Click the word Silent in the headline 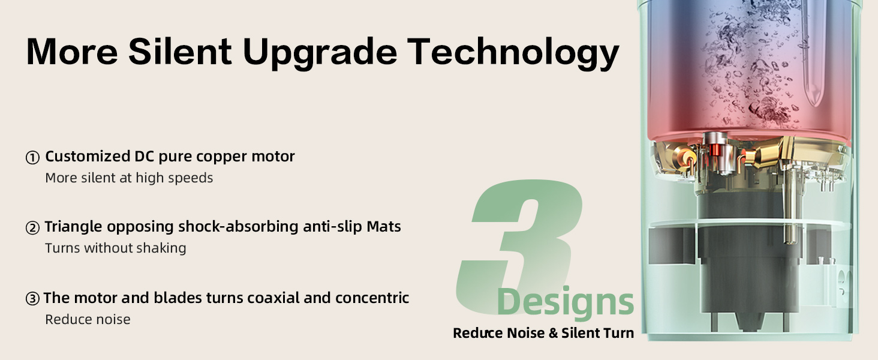180,52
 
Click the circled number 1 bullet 32,158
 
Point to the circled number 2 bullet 32,228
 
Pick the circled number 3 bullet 32,299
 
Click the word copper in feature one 222,157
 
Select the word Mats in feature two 384,226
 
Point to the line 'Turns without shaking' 116,248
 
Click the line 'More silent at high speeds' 129,178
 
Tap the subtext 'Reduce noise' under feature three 88,319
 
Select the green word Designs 565,302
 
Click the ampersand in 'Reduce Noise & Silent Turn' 553,333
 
